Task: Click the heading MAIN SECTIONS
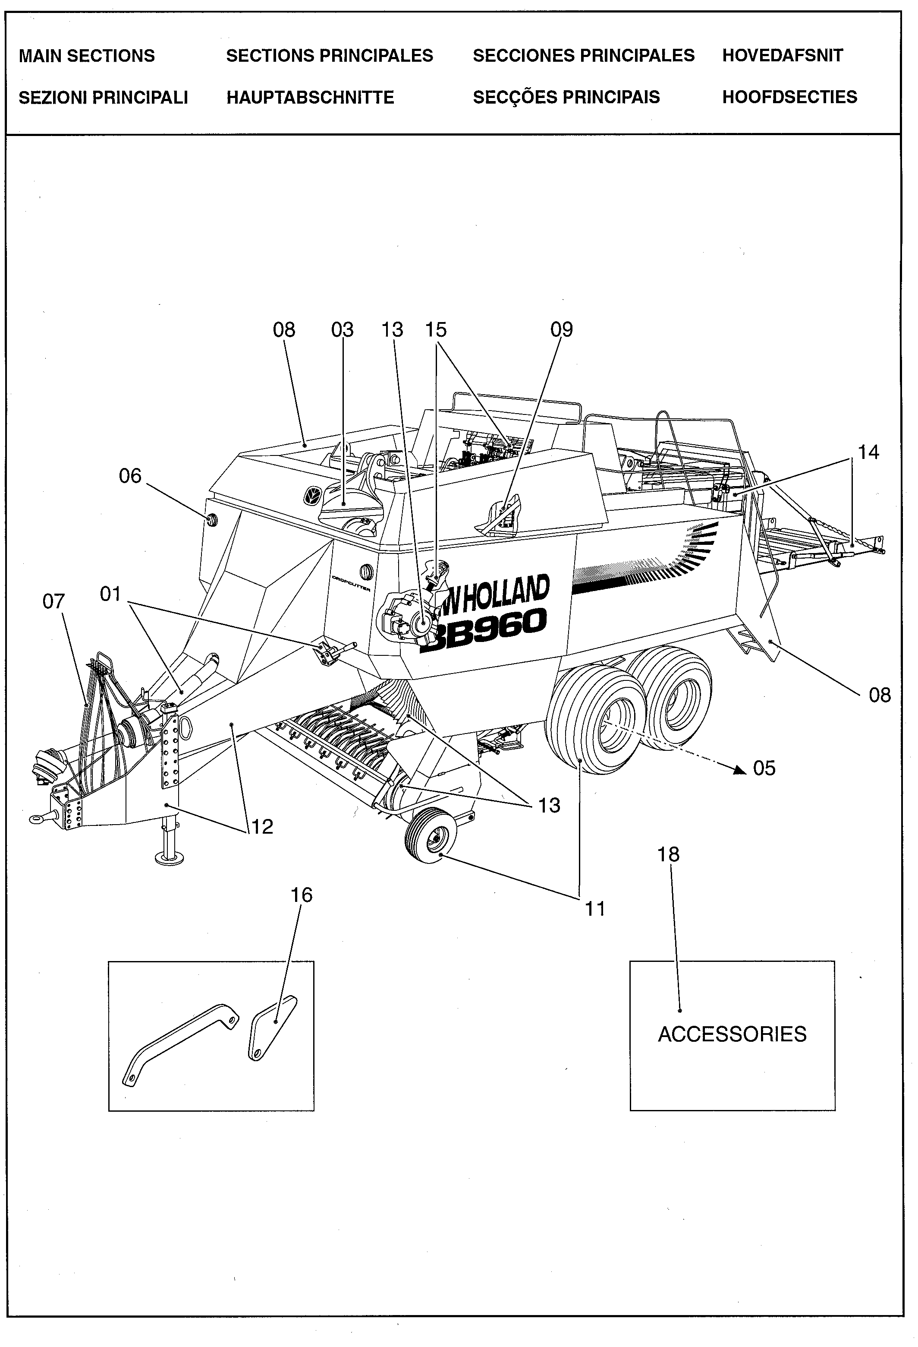click(x=87, y=56)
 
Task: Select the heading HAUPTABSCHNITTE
click(x=310, y=98)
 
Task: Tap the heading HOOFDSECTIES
click(x=789, y=97)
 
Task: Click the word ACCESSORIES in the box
click(x=732, y=1034)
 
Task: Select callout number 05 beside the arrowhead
click(x=764, y=768)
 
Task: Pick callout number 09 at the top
click(x=561, y=329)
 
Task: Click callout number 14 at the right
click(x=868, y=452)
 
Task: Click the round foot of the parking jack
click(x=169, y=858)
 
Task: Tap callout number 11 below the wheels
click(x=595, y=908)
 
